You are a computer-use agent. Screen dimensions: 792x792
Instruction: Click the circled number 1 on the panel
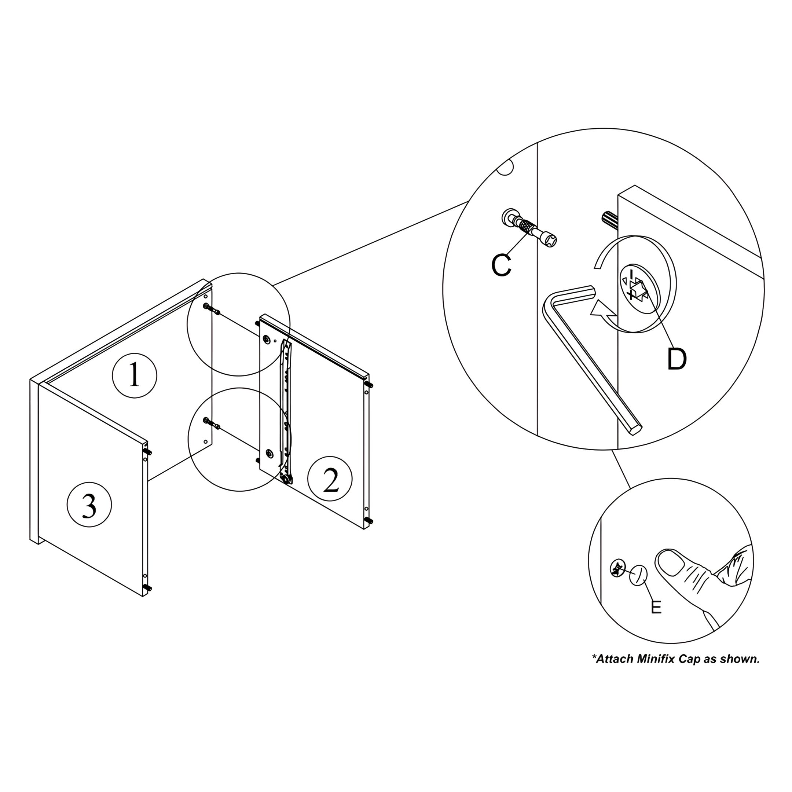(x=135, y=375)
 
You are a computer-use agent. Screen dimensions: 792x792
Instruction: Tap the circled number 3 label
(x=89, y=505)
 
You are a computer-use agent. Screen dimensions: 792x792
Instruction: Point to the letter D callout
(x=677, y=359)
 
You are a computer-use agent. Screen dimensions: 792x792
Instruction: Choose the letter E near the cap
(x=656, y=607)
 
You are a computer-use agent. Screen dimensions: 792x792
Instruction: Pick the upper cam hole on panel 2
(x=267, y=340)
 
